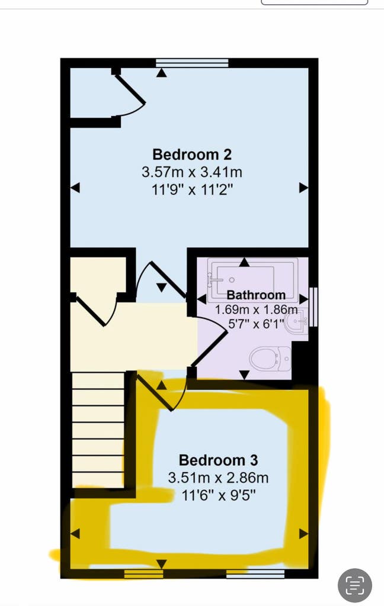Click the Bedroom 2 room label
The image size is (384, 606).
[192, 154]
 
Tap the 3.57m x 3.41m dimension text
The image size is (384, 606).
[192, 172]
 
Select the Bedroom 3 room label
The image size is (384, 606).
[218, 460]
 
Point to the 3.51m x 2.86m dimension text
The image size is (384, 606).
[218, 478]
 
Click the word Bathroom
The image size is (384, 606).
[256, 295]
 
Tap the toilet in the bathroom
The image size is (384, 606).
[270, 359]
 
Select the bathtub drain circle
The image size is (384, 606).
[232, 280]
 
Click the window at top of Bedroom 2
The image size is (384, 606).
[192, 63]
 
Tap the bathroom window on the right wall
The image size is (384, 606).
[313, 307]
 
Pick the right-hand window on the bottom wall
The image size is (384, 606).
[255, 574]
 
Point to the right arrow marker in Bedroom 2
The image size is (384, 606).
[304, 188]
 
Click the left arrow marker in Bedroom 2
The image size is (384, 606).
[75, 188]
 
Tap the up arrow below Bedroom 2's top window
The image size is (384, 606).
[161, 73]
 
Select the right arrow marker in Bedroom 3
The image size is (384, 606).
[304, 534]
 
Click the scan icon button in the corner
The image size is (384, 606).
[355, 585]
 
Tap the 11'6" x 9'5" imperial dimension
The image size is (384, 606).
[219, 495]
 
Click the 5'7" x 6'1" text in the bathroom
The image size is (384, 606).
[254, 324]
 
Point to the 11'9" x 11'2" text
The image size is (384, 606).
[193, 189]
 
